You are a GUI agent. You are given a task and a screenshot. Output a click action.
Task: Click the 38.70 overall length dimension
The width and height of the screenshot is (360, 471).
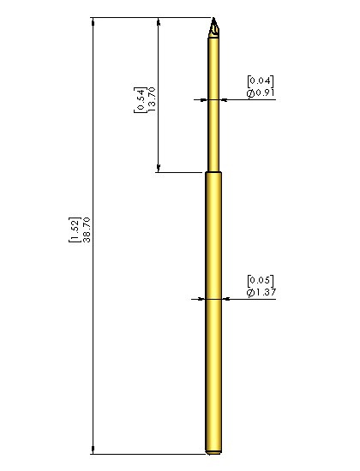point(87,230)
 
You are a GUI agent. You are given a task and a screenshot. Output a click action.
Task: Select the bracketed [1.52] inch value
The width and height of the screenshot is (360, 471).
point(75,230)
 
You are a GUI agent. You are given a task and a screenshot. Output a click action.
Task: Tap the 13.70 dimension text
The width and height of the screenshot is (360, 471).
point(152,99)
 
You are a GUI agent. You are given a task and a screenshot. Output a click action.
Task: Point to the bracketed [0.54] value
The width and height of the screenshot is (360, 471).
point(140,100)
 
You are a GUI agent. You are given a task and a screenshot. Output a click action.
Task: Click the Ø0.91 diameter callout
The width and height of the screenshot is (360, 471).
point(261,93)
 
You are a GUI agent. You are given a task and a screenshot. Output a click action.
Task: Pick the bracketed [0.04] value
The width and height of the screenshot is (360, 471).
point(261,81)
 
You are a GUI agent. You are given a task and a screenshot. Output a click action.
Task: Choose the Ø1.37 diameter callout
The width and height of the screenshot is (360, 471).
point(261,292)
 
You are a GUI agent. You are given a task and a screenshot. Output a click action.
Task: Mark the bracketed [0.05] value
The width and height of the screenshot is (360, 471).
point(261,281)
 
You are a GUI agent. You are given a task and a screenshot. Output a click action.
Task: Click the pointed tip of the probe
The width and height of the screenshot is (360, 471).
point(213,18)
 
